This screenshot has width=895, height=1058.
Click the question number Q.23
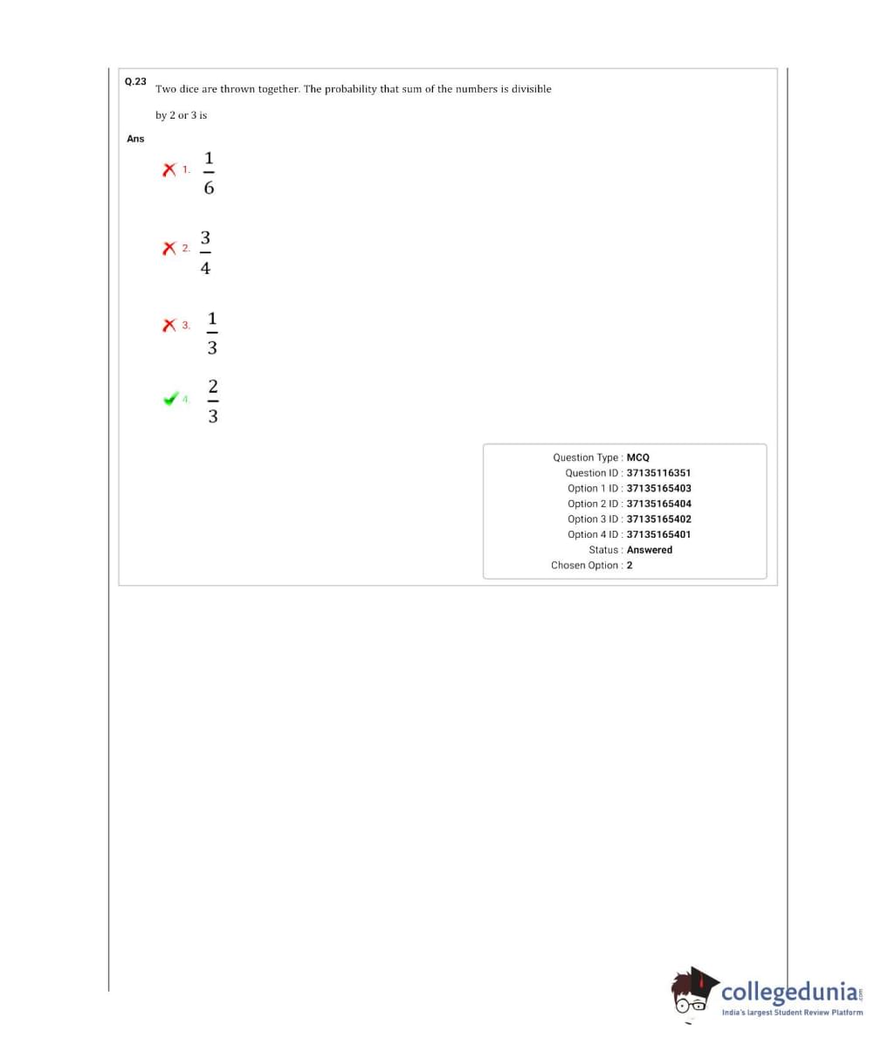pos(135,81)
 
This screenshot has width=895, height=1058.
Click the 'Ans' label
pos(135,139)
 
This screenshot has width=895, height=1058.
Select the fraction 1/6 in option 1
pos(209,173)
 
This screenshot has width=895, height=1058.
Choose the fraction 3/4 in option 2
pos(205,252)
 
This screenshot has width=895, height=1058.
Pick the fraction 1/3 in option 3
pos(211,333)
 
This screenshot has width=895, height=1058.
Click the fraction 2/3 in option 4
pos(212,401)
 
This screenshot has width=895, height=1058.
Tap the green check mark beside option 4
pos(170,399)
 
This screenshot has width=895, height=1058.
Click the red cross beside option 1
pos(169,169)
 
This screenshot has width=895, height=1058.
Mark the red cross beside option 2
pos(169,249)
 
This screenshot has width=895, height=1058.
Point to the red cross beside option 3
pos(169,326)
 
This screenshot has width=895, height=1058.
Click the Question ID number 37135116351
pos(658,473)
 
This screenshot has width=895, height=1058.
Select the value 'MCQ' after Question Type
pos(638,457)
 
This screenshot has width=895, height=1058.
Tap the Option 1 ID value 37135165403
pos(658,489)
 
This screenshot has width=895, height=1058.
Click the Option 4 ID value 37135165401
pos(658,534)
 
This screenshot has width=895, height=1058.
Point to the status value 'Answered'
pos(650,550)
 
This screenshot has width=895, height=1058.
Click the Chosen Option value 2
pos(630,566)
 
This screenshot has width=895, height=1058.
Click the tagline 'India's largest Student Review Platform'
pos(792,1013)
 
